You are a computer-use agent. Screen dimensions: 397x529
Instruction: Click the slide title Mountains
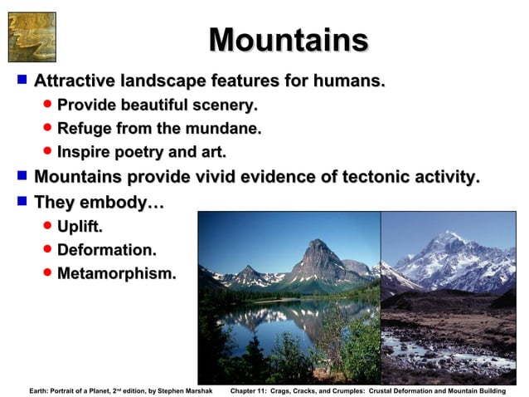pyautogui.click(x=288, y=40)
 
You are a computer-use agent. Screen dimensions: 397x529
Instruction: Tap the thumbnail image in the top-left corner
pyautogui.click(x=32, y=37)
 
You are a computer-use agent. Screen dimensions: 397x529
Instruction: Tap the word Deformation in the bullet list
pyautogui.click(x=106, y=249)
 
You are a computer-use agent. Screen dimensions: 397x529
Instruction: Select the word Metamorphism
pyautogui.click(x=116, y=273)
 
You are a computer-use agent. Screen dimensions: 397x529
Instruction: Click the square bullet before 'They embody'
pyautogui.click(x=22, y=201)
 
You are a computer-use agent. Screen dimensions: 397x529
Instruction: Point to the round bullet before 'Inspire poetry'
pyautogui.click(x=47, y=153)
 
